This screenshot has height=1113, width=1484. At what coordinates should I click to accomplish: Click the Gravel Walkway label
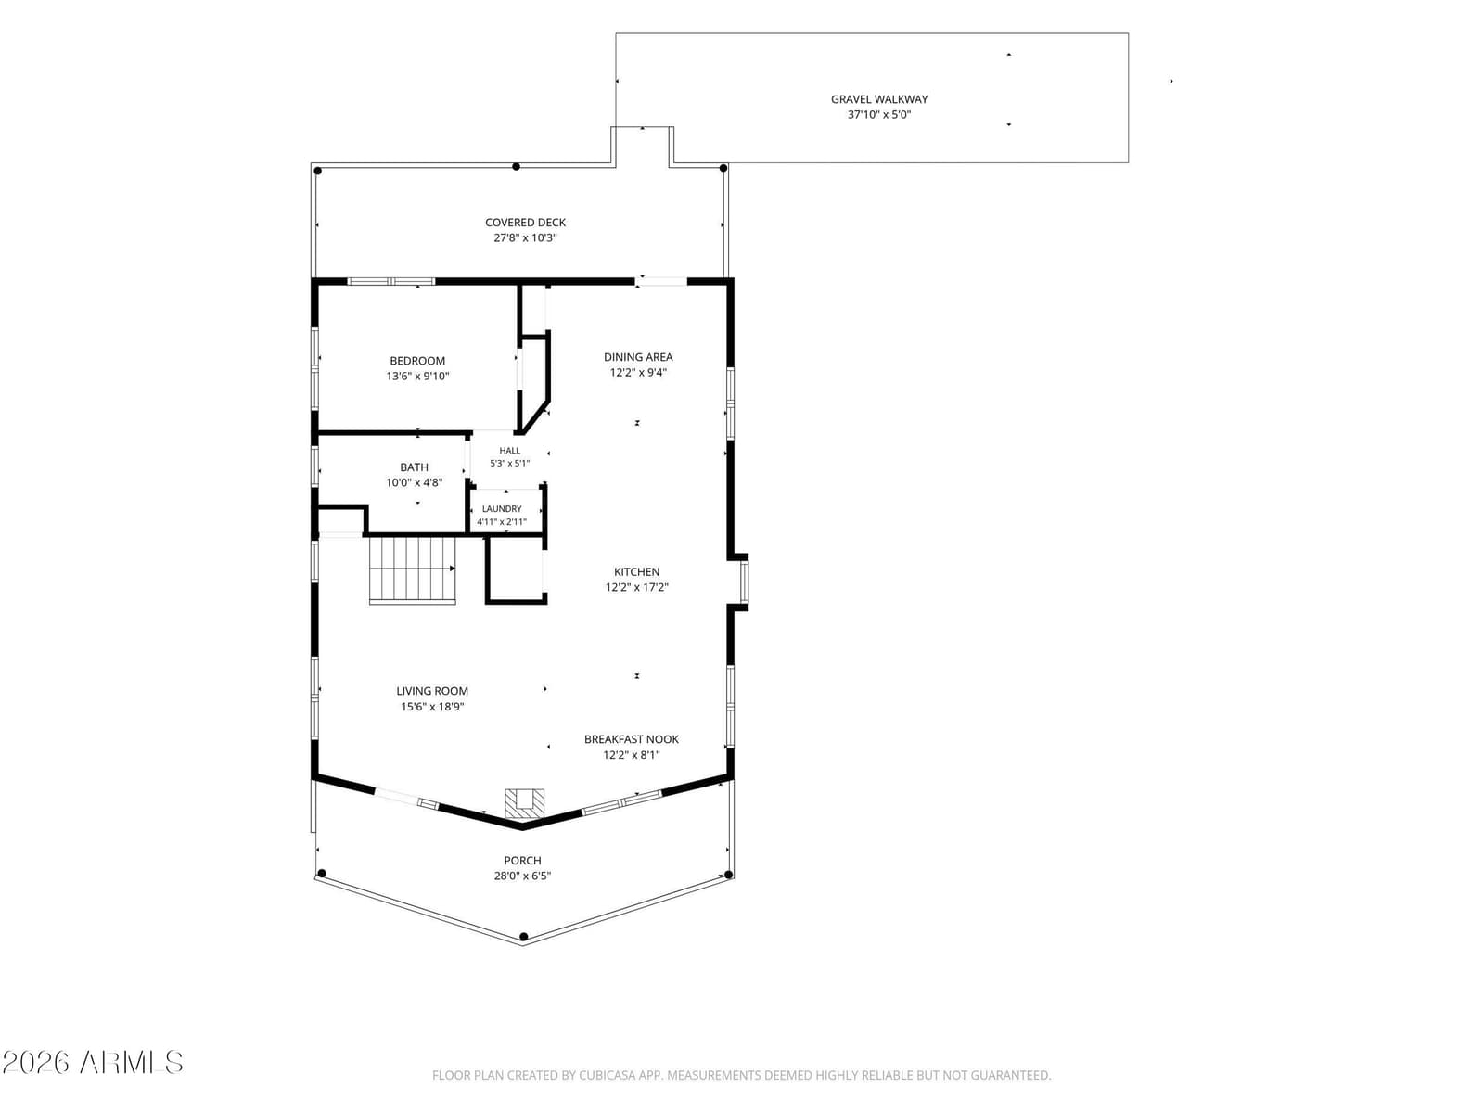click(879, 99)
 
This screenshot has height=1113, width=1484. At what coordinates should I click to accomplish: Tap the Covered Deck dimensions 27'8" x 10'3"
click(525, 237)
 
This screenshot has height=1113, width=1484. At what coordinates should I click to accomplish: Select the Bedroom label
click(417, 361)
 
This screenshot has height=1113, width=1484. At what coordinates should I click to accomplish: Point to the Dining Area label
click(638, 357)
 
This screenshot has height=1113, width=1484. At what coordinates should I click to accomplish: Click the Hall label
click(510, 451)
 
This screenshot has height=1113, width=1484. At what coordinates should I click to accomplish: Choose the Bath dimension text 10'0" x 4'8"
click(414, 482)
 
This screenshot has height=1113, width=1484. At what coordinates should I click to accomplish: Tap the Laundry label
click(502, 509)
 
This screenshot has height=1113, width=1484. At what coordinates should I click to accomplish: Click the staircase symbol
click(412, 569)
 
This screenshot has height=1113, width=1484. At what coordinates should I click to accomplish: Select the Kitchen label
click(637, 571)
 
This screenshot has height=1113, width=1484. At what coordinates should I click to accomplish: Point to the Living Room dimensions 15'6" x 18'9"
click(432, 707)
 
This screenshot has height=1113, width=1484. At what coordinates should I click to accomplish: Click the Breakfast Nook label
click(632, 739)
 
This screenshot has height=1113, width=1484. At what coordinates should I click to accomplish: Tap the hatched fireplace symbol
click(525, 803)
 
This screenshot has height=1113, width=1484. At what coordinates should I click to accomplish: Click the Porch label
click(522, 861)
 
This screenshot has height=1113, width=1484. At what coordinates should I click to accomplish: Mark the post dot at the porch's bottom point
click(523, 937)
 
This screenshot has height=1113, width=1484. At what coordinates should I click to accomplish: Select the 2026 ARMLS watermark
click(93, 1063)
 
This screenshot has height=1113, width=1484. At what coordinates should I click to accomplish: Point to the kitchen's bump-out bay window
click(744, 582)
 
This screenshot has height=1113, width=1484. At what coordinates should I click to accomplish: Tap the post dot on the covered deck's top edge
click(516, 167)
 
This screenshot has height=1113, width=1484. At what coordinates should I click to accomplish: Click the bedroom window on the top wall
click(391, 281)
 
